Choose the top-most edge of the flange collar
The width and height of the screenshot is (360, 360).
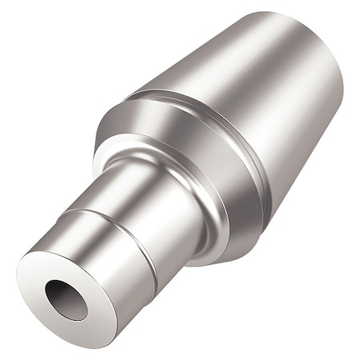pos(128,100)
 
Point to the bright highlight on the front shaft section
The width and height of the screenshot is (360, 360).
pos(80,232)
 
